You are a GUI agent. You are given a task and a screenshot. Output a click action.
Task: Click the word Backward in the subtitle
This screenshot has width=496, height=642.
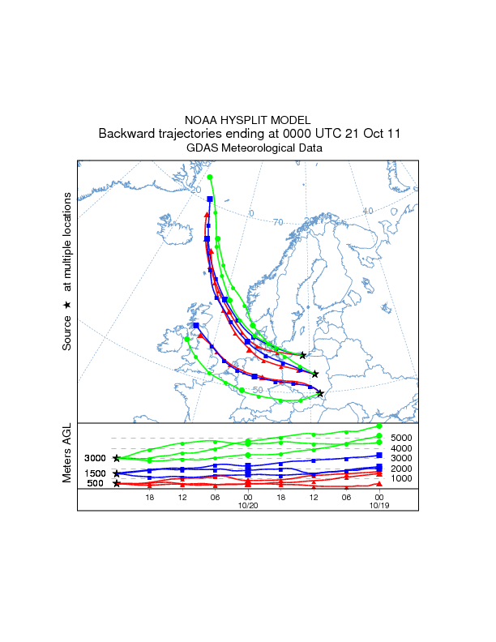(126, 134)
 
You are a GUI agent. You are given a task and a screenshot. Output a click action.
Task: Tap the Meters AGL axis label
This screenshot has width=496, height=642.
(67, 453)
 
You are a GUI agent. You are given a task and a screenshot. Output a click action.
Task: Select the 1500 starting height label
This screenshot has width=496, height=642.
(96, 473)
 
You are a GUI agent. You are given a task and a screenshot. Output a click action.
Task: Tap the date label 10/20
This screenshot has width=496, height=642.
(247, 505)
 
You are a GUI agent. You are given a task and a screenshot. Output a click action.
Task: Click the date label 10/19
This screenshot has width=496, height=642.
(378, 505)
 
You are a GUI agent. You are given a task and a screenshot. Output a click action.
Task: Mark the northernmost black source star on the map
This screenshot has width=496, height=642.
(303, 355)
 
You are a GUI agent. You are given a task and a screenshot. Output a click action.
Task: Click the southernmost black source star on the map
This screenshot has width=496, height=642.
(320, 393)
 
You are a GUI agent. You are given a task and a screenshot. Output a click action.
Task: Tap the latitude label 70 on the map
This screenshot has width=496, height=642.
(277, 222)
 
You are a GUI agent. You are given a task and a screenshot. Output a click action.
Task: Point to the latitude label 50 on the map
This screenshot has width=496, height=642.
(258, 390)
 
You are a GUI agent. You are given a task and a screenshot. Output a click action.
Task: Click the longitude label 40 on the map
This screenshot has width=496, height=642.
(367, 212)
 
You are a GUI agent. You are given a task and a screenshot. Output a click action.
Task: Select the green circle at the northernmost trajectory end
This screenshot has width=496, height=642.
(210, 177)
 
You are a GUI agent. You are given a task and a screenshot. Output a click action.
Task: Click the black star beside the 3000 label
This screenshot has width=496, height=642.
(117, 458)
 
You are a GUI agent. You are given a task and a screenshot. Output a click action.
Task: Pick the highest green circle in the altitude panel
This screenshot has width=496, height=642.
(378, 426)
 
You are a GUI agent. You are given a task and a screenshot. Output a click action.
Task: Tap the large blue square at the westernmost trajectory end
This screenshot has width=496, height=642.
(196, 325)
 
